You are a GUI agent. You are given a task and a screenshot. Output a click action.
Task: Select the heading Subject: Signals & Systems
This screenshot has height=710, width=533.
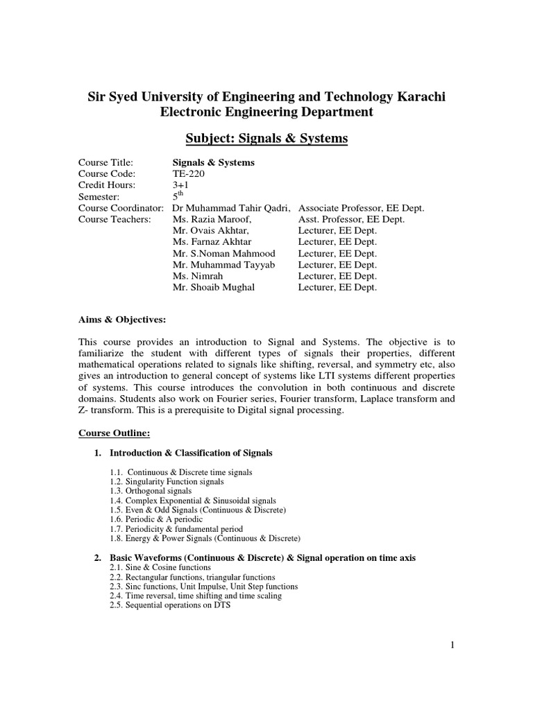(266, 139)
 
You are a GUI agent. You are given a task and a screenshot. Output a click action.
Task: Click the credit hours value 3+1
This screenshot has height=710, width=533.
(180, 185)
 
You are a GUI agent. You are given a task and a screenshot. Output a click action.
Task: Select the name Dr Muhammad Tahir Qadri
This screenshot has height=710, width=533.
(232, 208)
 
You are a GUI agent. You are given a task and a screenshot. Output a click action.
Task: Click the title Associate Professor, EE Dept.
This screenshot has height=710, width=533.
(361, 208)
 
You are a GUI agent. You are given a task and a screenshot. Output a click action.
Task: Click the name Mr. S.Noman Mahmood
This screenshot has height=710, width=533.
(223, 253)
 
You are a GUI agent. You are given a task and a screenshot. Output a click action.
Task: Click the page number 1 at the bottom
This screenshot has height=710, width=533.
(452, 646)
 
